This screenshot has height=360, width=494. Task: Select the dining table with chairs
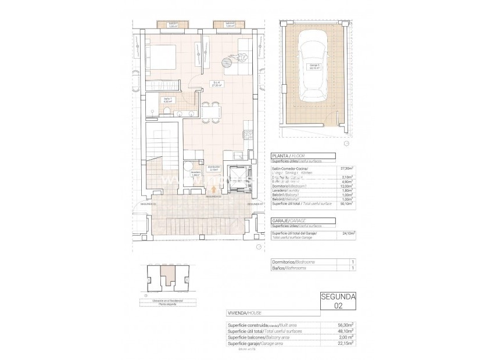210,111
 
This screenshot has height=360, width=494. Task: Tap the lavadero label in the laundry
196,172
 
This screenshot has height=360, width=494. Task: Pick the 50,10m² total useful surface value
347,204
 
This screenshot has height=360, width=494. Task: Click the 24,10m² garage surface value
348,233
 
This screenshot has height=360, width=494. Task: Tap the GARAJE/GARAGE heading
288,221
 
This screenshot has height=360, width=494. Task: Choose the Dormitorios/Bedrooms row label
293,262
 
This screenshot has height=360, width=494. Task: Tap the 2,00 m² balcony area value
348,337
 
